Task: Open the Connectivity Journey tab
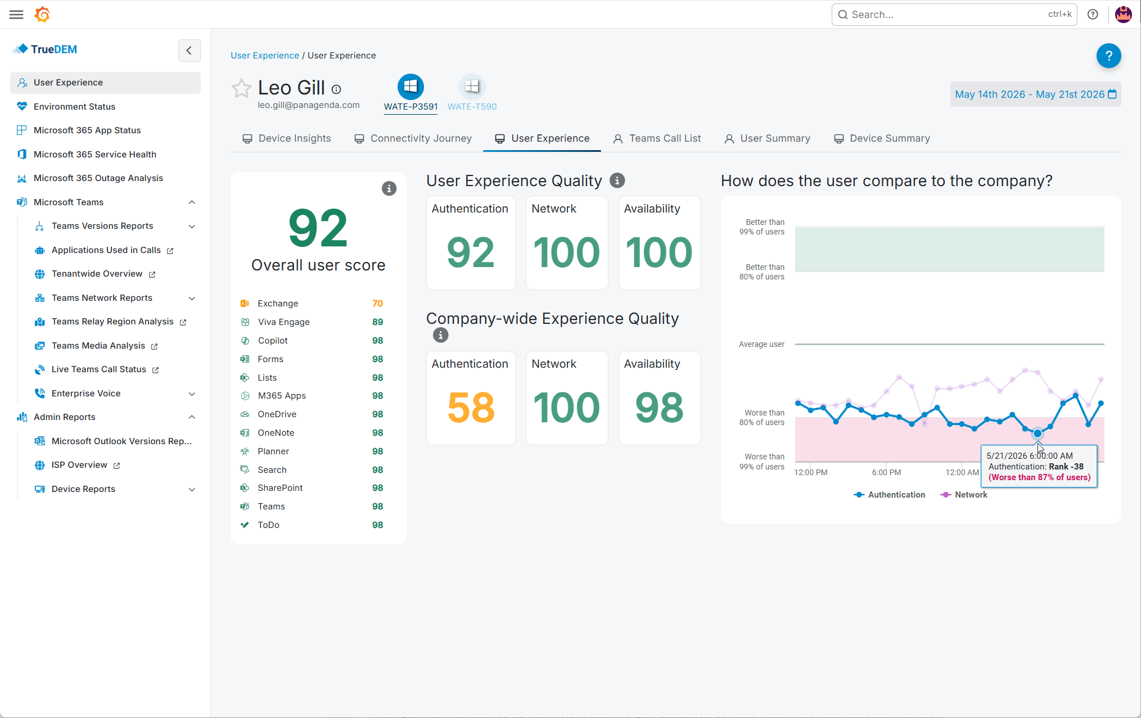[x=413, y=138]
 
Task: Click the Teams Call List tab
[x=657, y=138]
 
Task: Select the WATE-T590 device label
[x=472, y=106]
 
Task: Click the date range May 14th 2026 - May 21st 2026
[x=1035, y=94]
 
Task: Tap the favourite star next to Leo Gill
[x=241, y=88]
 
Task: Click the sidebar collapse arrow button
[x=190, y=50]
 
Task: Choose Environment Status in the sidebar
[x=74, y=106]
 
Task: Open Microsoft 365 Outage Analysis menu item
[x=98, y=178]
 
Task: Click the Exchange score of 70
[x=377, y=304]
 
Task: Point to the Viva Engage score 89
[x=377, y=322]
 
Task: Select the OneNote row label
[x=276, y=433]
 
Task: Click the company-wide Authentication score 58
[x=471, y=407]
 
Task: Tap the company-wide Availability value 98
[x=659, y=407]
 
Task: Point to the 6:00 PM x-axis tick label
[x=886, y=472]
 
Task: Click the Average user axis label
[x=761, y=344]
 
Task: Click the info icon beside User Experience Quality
[x=617, y=180]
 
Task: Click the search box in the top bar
[x=954, y=15]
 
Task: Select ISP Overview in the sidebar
[x=79, y=465]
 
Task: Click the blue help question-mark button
[x=1108, y=56]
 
